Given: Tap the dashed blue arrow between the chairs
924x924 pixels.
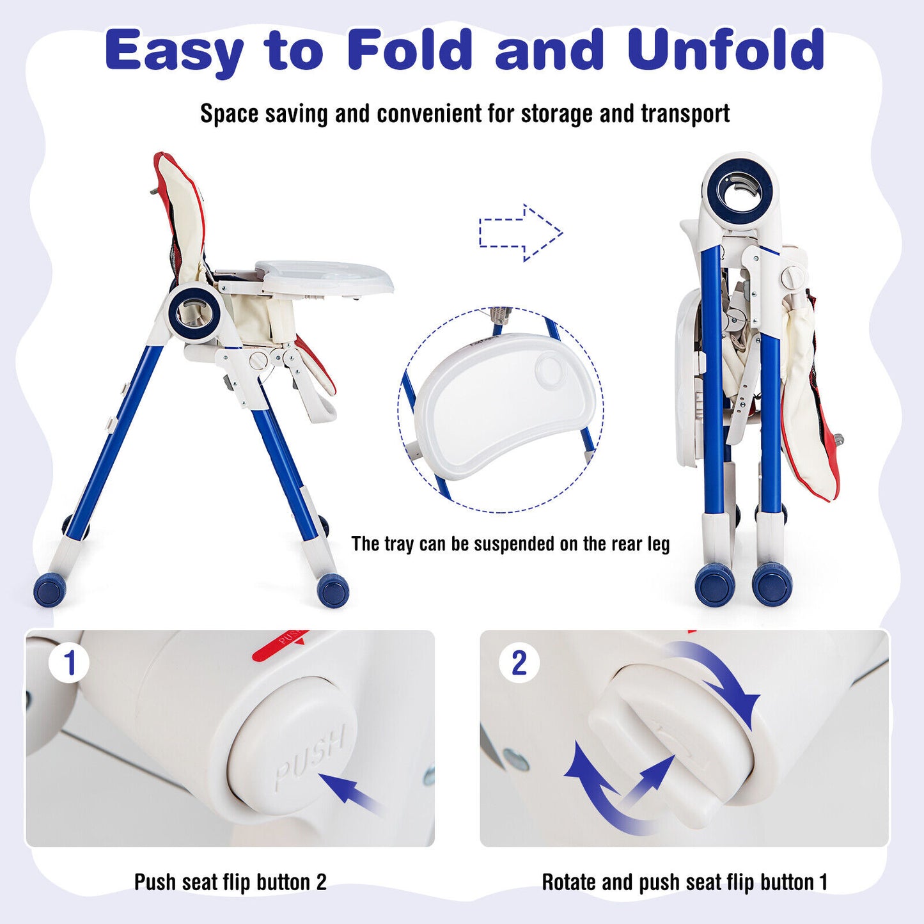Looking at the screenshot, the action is click(x=521, y=233).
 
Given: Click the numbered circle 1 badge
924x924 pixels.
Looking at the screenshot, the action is click(x=69, y=664).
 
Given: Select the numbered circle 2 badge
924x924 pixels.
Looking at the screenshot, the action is click(x=519, y=663).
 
